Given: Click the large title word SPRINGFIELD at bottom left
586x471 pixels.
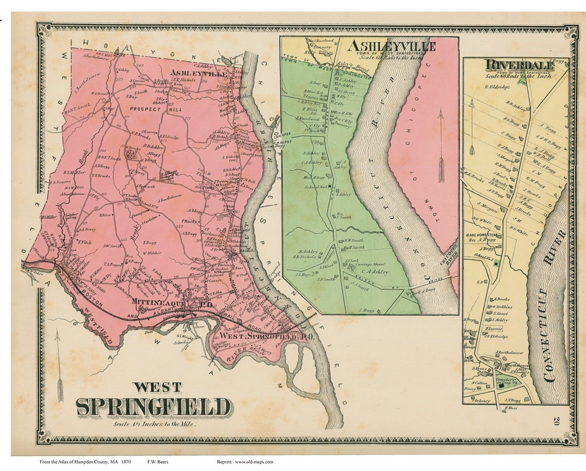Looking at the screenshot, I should [154, 407].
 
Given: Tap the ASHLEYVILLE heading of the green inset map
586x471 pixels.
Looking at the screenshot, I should [391, 46].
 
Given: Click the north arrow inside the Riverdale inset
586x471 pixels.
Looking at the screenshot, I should [471, 127].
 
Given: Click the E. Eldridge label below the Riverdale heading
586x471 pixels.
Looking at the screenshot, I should [497, 87].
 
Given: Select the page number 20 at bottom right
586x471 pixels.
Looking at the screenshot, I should [557, 422].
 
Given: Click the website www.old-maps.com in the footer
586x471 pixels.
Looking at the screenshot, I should [254, 462].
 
